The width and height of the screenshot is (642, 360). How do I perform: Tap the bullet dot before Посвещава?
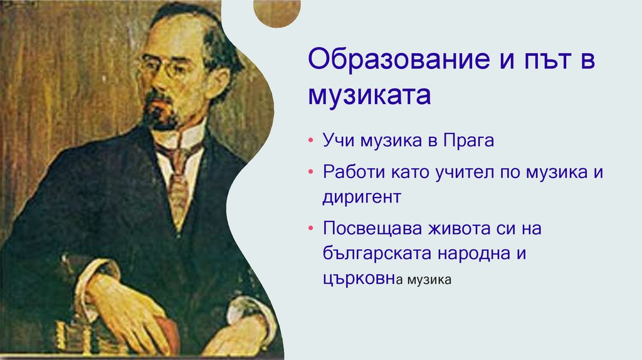312,230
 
